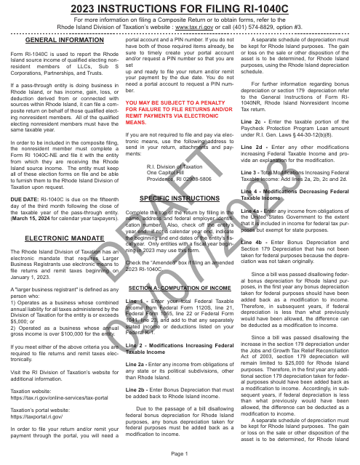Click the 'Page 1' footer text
pos(180,453)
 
